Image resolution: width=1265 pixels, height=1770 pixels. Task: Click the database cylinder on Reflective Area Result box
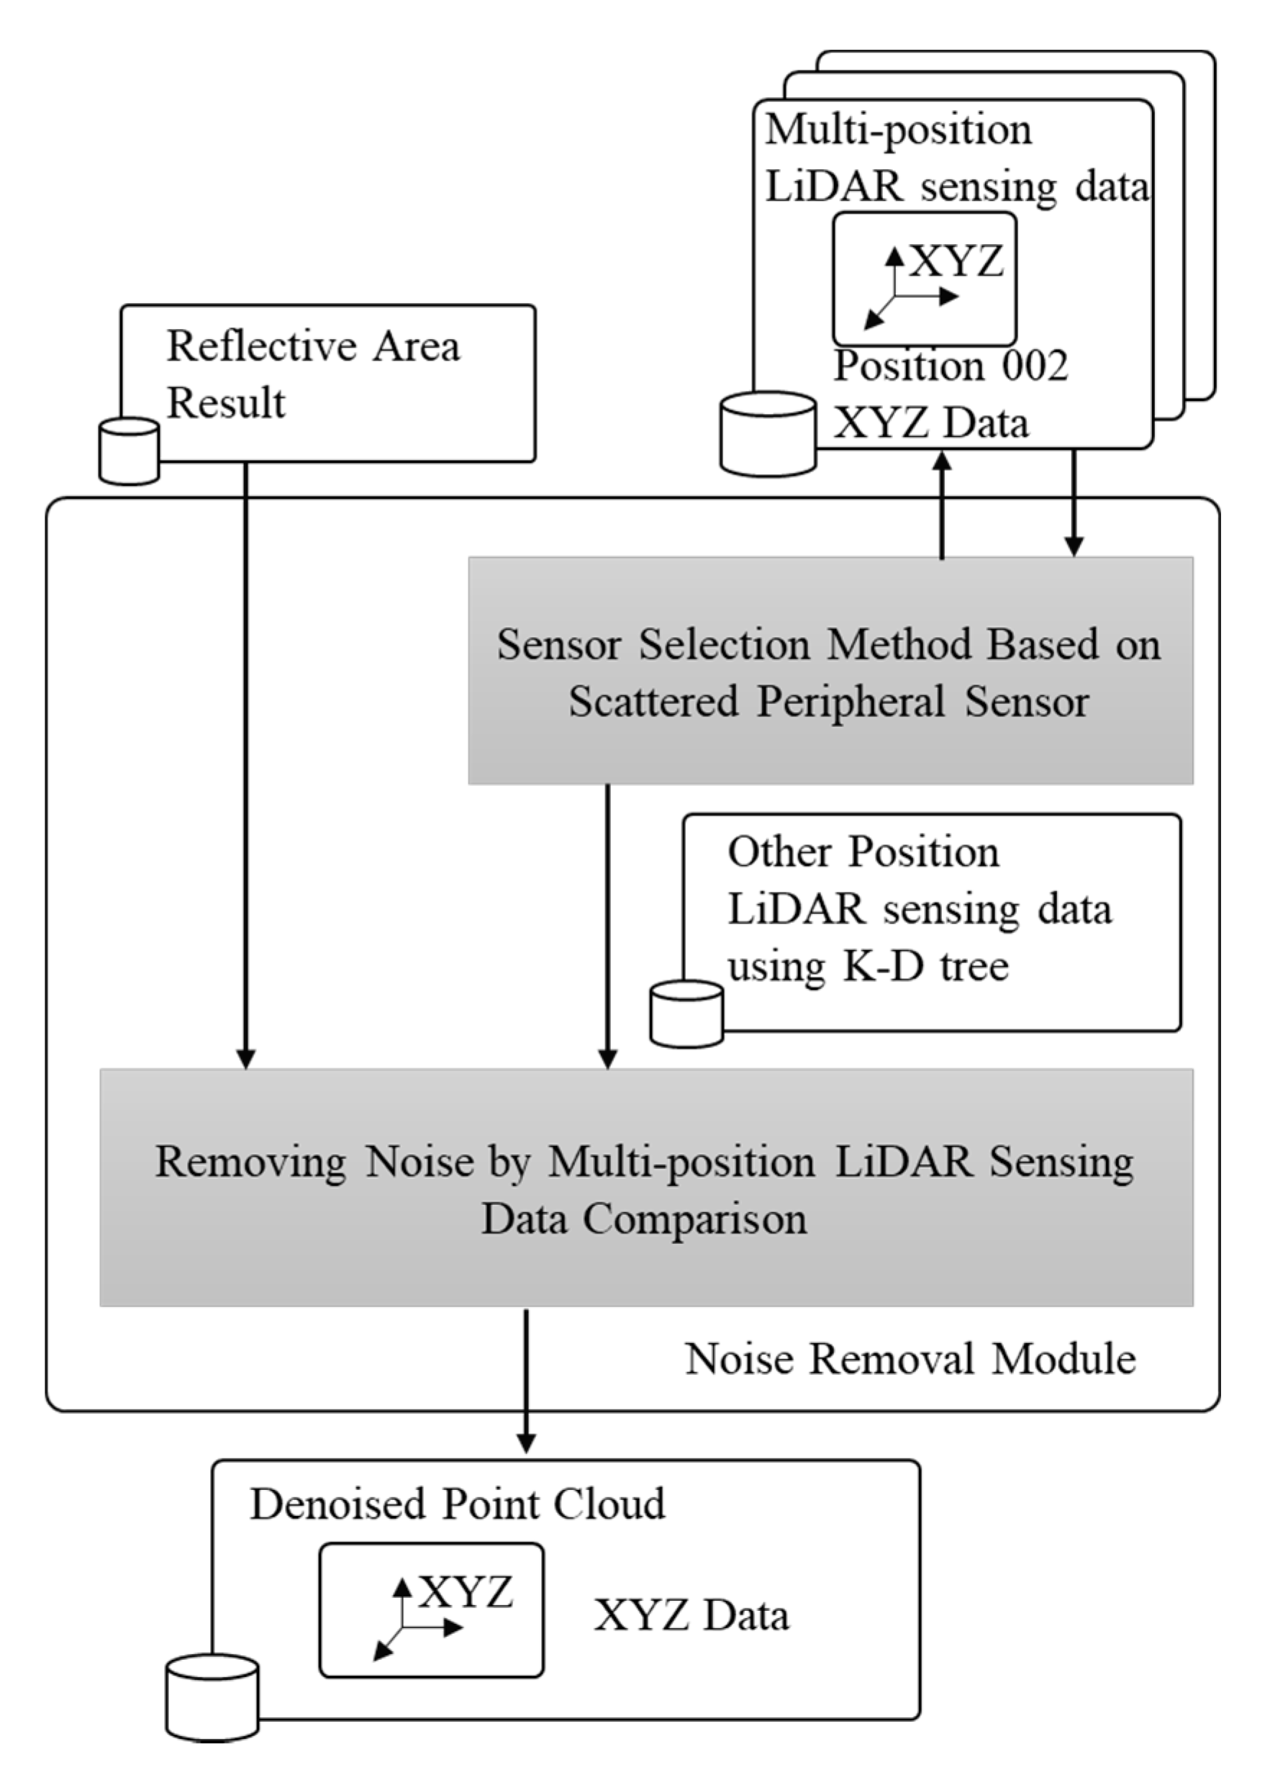coord(130,451)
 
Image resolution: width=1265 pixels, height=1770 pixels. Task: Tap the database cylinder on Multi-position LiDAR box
coord(768,434)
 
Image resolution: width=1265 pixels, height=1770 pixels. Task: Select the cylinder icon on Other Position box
coord(686,1013)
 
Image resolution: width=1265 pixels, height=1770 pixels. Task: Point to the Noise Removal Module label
coord(910,1359)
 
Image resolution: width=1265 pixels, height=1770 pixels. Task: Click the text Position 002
coord(951,366)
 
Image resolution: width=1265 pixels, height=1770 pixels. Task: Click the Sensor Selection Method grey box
coord(830,670)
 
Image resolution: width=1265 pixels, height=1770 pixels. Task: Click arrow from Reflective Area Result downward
coord(245,764)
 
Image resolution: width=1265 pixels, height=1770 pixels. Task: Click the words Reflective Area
coord(313,346)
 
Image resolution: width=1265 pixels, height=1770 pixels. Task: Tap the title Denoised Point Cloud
coord(457,1504)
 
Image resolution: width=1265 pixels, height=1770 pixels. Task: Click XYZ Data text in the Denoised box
coord(691,1615)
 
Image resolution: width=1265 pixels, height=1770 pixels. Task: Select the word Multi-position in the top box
coord(897,130)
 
